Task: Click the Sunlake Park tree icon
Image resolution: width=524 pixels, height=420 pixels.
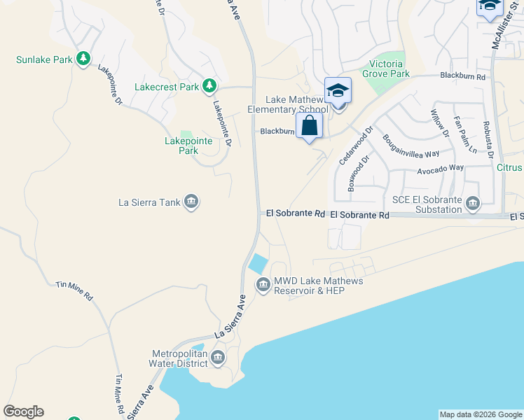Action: coord(83,59)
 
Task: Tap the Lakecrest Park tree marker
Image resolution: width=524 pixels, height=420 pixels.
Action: coord(209,87)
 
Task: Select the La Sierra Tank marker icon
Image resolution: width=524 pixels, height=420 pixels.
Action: coord(191,204)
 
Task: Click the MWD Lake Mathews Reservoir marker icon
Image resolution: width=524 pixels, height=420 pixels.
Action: coord(263,284)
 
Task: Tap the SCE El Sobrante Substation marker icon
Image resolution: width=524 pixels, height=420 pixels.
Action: coord(473,204)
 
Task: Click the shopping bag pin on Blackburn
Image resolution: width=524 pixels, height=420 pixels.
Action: coord(309,127)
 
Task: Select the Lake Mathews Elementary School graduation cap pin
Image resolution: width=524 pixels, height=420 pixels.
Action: coord(338,91)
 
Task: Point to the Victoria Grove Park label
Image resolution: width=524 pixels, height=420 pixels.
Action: coord(385,69)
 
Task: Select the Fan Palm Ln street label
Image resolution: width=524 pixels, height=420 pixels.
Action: coord(465,135)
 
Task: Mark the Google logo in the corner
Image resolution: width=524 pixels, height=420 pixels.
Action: coord(23,412)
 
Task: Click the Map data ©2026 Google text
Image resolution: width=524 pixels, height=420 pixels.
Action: coord(481,414)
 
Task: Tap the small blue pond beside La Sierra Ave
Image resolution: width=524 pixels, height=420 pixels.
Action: coord(258,263)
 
